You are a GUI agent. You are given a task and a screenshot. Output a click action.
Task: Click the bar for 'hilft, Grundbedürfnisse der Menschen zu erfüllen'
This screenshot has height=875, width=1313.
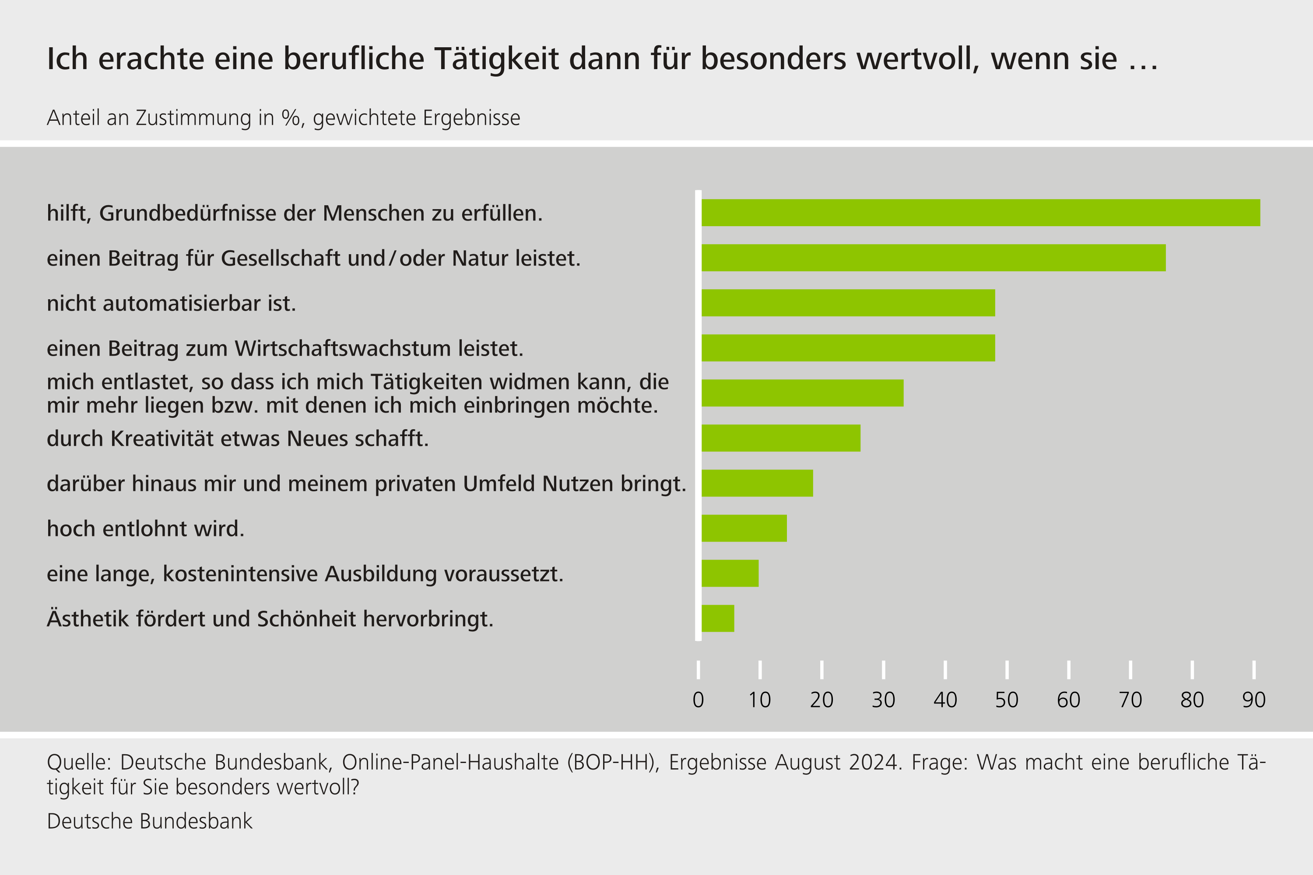coord(980,213)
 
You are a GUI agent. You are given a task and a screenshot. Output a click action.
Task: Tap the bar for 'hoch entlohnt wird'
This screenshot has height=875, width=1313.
coord(744,528)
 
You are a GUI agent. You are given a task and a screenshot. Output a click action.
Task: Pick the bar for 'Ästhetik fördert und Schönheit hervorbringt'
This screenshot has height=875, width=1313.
coord(718,618)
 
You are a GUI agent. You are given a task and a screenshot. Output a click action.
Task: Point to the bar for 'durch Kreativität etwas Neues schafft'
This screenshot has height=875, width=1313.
coord(781,438)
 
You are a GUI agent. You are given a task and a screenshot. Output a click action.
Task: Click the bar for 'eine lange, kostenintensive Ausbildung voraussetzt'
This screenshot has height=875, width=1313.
coord(730,573)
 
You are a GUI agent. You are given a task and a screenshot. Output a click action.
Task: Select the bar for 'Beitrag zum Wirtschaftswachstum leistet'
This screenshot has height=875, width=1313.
coord(848,348)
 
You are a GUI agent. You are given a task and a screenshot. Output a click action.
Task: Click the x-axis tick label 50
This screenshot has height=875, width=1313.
coord(1007,700)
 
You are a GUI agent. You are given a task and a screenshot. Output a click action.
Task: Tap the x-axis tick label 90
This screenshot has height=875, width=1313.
coord(1254,700)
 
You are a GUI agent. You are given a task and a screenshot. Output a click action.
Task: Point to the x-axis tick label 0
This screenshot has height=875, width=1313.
coord(699,700)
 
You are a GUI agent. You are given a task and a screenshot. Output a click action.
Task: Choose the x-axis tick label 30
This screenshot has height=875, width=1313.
coord(883,700)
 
